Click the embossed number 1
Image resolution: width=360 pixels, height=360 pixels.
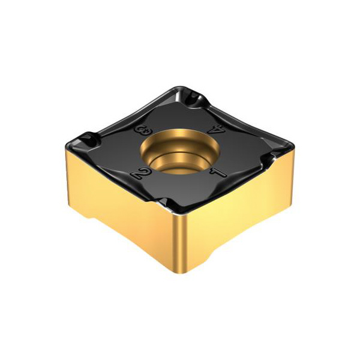(x=218, y=173)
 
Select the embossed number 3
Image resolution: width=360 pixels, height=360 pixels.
(x=142, y=131)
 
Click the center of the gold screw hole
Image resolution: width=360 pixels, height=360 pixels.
(x=179, y=151)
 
